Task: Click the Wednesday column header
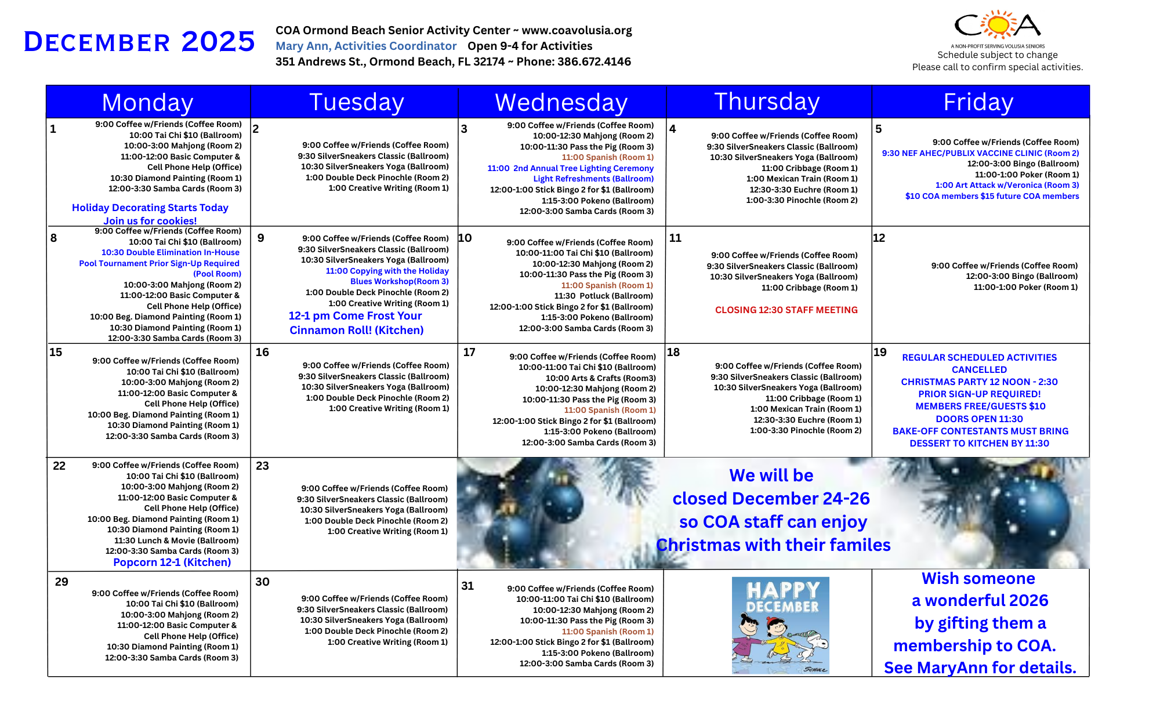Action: click(x=561, y=103)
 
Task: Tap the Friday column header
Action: click(x=978, y=103)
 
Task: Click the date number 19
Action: click(x=880, y=352)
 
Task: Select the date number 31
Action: click(x=467, y=586)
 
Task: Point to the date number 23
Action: click(x=262, y=466)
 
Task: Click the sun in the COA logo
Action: click(x=998, y=25)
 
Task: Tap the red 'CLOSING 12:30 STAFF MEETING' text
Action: click(x=786, y=310)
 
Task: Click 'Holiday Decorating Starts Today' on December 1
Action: click(x=150, y=208)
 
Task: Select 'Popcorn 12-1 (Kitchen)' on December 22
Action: click(x=172, y=563)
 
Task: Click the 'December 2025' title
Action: click(x=139, y=42)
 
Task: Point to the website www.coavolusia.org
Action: click(x=577, y=30)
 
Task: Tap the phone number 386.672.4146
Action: click(x=594, y=61)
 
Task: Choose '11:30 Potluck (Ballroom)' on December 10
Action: click(x=603, y=296)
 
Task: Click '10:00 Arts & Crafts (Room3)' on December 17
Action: click(x=601, y=378)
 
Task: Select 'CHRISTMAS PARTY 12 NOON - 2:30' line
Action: click(x=979, y=382)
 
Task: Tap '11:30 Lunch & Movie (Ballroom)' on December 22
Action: click(x=176, y=540)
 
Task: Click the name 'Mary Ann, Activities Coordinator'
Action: click(x=366, y=46)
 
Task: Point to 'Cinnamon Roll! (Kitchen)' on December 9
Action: click(x=356, y=331)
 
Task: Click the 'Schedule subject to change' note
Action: click(x=997, y=55)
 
